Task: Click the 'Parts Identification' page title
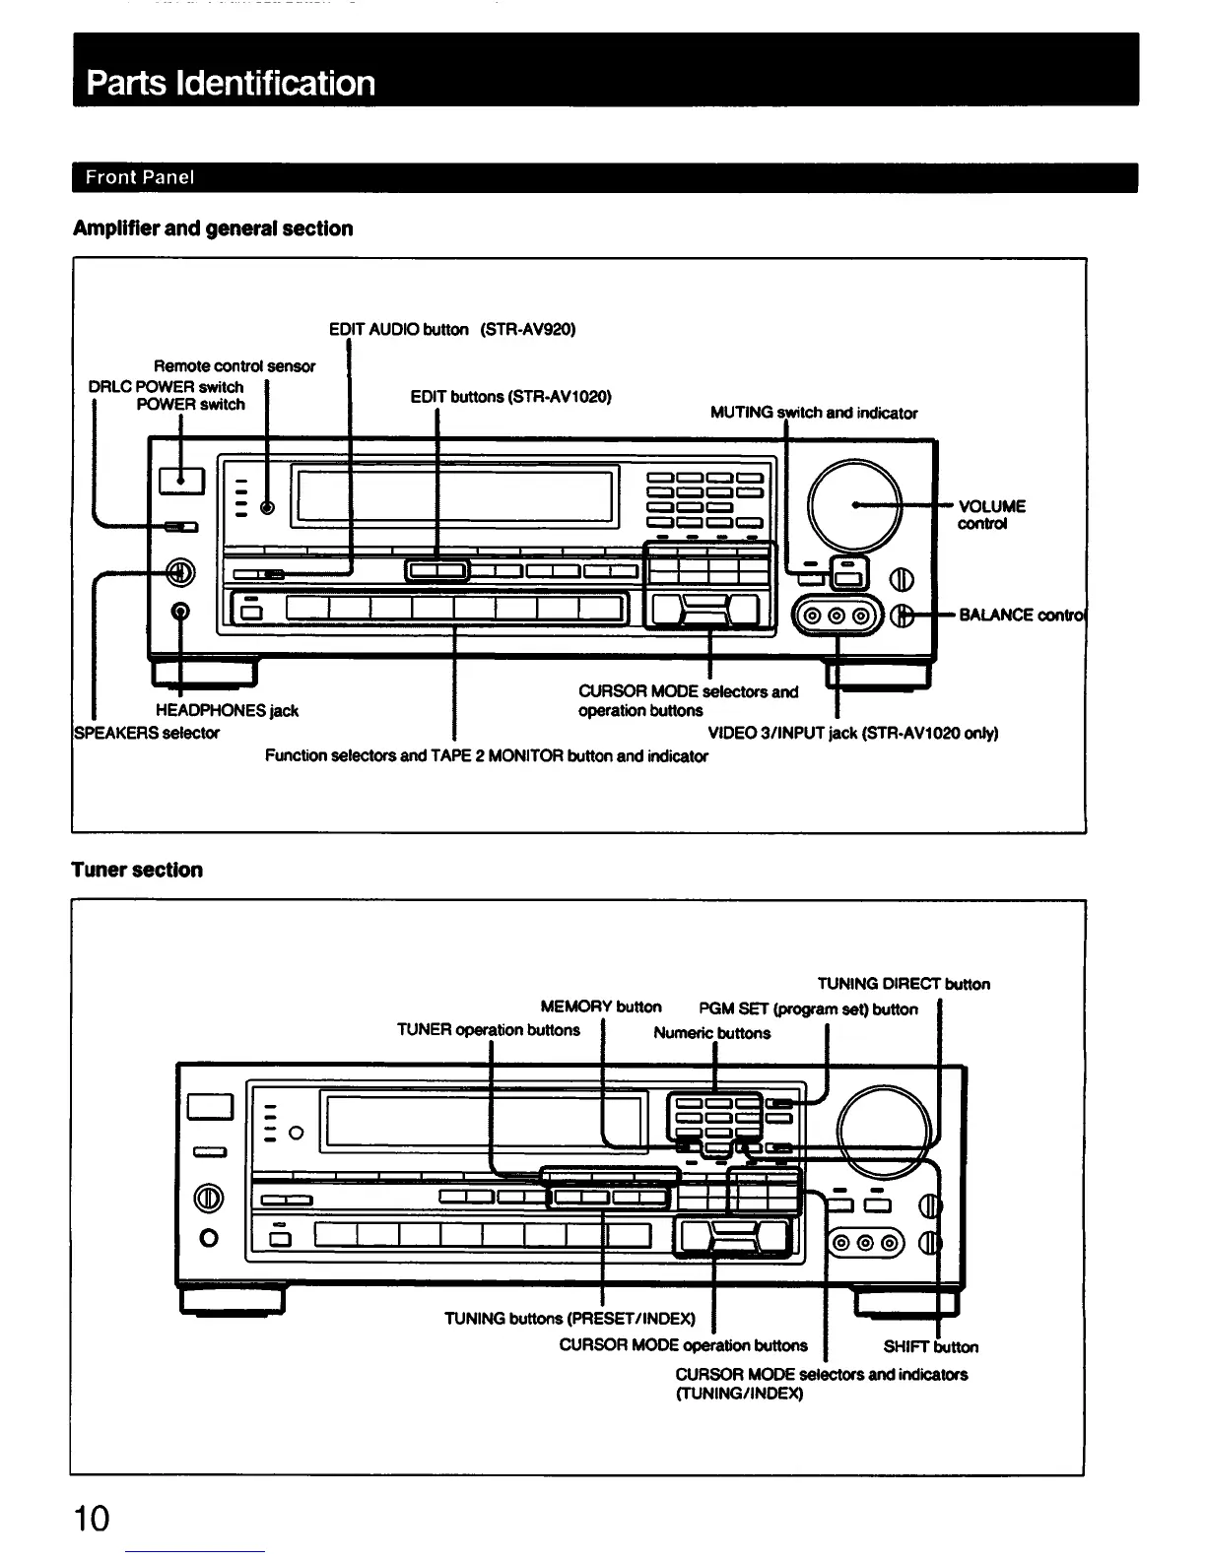click(x=231, y=83)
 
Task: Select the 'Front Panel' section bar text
click(x=140, y=177)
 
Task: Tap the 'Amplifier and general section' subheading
click(x=212, y=228)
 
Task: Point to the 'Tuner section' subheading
click(x=137, y=870)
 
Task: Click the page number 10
click(x=92, y=1518)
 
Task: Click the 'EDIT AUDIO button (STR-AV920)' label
click(x=451, y=329)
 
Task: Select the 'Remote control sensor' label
click(x=234, y=366)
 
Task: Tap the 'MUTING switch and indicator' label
click(x=814, y=413)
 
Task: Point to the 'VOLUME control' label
click(x=991, y=514)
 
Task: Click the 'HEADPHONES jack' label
click(x=227, y=710)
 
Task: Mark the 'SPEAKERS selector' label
click(x=147, y=733)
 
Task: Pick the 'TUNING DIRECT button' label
click(x=904, y=984)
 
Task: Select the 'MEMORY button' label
click(x=601, y=1007)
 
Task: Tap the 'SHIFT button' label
click(x=930, y=1346)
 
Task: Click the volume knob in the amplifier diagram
click(x=853, y=505)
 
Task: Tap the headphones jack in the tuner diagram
click(x=208, y=1238)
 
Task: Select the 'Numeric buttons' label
click(x=711, y=1033)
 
